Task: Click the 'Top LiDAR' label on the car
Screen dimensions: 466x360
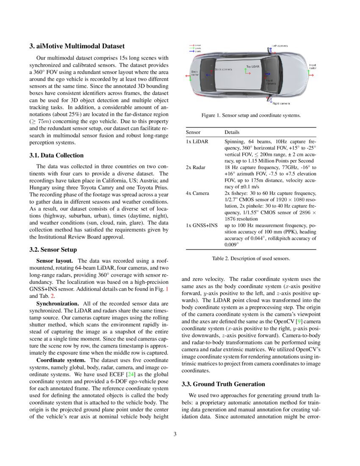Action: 253,67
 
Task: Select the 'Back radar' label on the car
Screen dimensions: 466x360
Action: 195,73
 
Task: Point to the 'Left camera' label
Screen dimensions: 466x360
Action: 280,46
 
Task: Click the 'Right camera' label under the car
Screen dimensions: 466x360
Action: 281,103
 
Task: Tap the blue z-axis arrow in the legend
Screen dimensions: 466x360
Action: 191,52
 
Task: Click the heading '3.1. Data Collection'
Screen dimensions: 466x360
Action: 56,155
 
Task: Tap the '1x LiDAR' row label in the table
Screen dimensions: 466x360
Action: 197,141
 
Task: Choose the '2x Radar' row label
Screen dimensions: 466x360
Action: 196,167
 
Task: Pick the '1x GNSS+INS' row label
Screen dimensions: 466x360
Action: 201,225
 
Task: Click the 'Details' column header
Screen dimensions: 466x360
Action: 232,133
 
